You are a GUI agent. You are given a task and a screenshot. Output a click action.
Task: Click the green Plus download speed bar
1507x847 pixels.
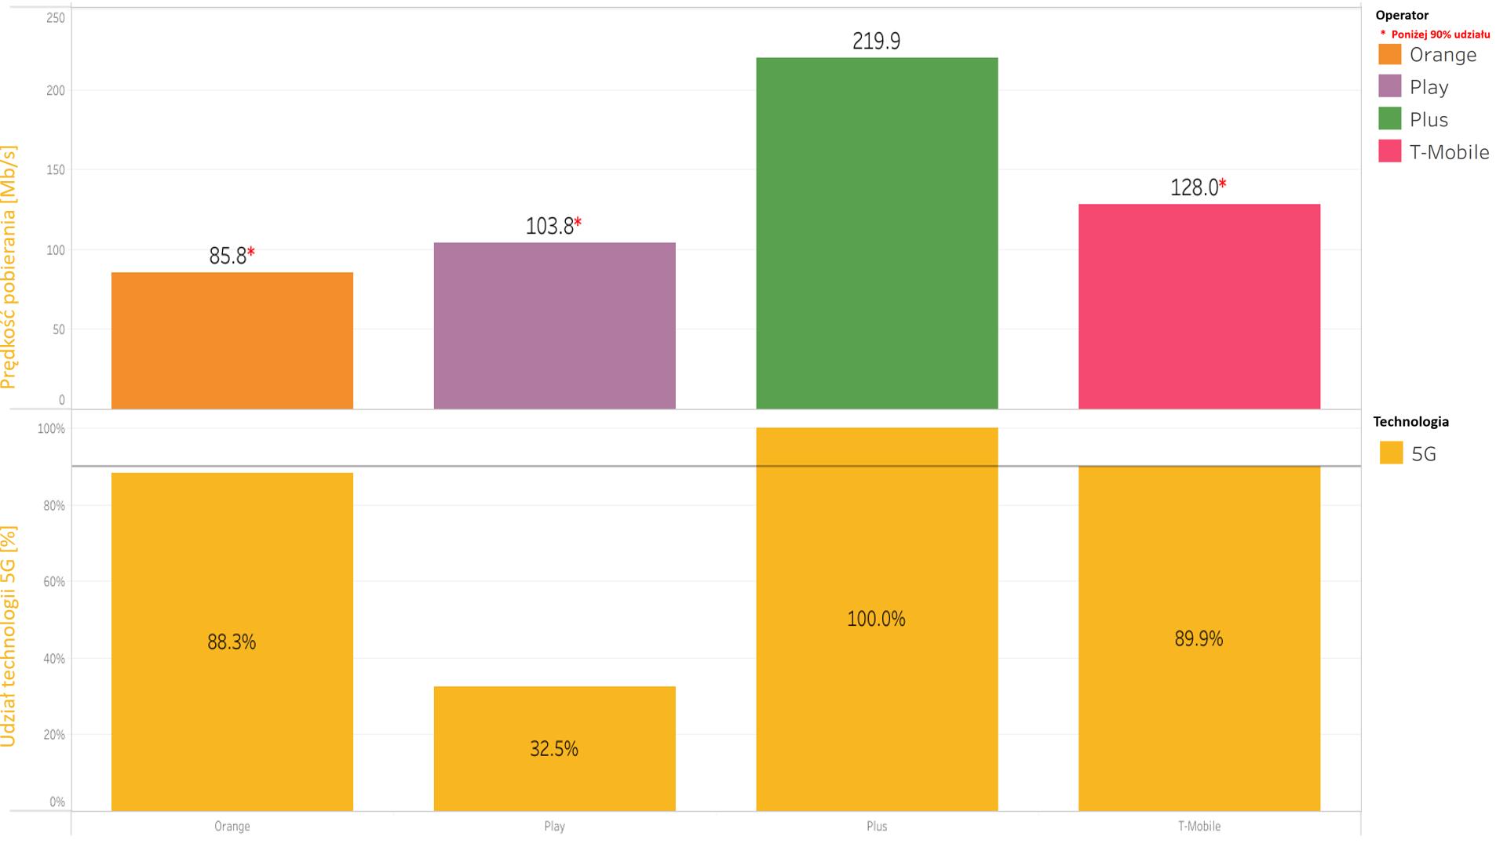click(x=877, y=233)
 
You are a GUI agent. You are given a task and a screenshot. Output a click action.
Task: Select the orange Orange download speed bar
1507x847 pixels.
click(x=232, y=340)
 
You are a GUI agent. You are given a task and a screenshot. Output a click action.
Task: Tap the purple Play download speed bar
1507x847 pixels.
click(x=554, y=325)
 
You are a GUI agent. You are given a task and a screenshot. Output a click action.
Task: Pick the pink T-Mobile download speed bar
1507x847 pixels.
click(x=1199, y=307)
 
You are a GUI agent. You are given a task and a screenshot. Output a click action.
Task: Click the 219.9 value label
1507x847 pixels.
click(x=877, y=41)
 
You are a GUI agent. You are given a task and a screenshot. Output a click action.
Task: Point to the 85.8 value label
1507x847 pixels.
click(x=228, y=256)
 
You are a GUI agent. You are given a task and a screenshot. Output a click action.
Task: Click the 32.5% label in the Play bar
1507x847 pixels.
click(x=554, y=749)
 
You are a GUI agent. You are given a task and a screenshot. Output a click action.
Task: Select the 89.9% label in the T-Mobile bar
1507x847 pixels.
click(x=1199, y=638)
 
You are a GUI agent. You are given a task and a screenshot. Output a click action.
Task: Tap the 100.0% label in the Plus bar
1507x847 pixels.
click(x=876, y=619)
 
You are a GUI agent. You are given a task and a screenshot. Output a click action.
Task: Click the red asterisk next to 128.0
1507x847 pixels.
click(x=1222, y=184)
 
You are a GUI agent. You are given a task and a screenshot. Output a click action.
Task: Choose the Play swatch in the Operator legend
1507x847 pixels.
click(x=1389, y=86)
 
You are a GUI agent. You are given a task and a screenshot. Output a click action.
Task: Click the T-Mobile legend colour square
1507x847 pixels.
click(x=1389, y=151)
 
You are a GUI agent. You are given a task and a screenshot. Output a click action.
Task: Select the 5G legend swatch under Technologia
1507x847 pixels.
click(x=1391, y=453)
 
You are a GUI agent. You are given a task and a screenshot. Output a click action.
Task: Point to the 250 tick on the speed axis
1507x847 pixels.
click(x=56, y=17)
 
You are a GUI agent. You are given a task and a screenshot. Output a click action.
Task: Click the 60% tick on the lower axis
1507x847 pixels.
click(x=54, y=582)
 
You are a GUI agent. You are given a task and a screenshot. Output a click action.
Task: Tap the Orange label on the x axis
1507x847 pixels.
click(x=232, y=826)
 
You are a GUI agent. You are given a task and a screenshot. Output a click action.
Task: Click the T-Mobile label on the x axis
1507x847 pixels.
click(x=1199, y=826)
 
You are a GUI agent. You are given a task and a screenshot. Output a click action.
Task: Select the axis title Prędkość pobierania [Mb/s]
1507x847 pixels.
click(x=9, y=267)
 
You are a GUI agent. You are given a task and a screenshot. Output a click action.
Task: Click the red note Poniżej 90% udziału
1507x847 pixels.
click(x=1440, y=35)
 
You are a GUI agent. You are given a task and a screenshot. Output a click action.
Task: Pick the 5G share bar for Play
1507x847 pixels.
click(x=554, y=749)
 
